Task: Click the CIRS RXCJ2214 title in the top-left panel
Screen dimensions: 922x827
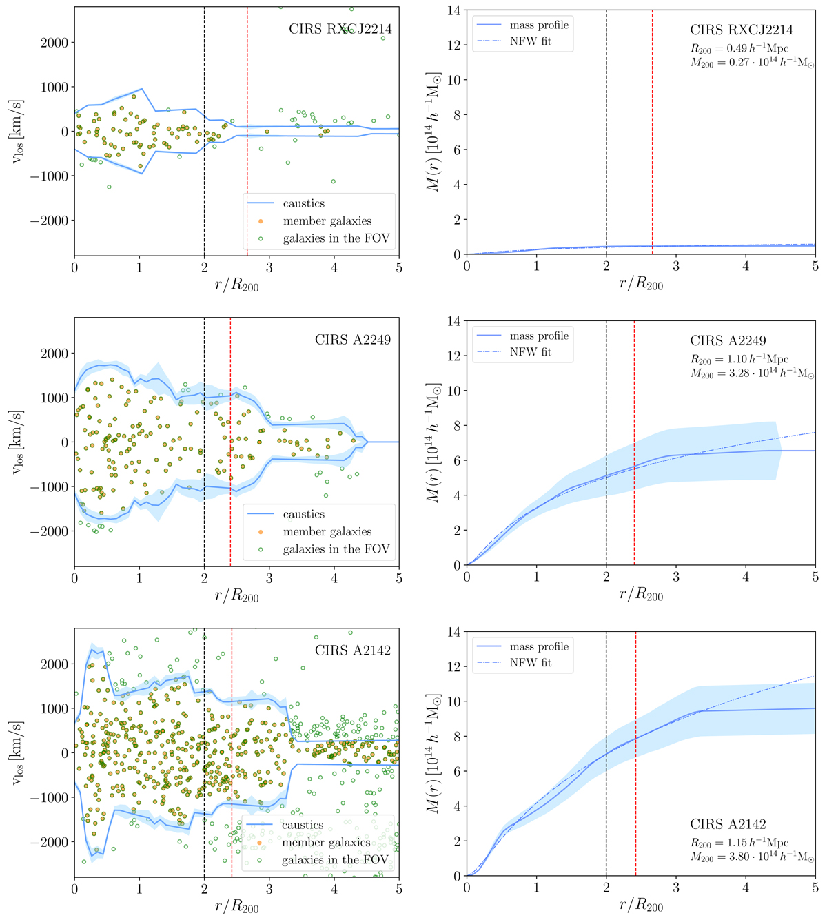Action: pyautogui.click(x=340, y=29)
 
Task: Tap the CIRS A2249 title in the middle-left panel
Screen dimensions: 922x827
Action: pyautogui.click(x=353, y=340)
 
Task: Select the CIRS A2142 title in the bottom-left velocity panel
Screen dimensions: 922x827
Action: pyautogui.click(x=353, y=650)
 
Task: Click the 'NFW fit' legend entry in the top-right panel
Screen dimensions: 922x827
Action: pyautogui.click(x=530, y=41)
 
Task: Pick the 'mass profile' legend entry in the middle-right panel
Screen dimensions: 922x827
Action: pyautogui.click(x=539, y=336)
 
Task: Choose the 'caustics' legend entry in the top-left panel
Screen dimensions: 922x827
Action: pyautogui.click(x=303, y=203)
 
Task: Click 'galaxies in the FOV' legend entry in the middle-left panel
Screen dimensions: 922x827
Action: pyautogui.click(x=336, y=549)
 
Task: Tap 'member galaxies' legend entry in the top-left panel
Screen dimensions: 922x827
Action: pyautogui.click(x=327, y=221)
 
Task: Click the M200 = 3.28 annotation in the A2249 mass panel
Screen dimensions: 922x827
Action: pyautogui.click(x=752, y=374)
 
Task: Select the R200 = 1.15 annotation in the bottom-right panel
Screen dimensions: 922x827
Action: pyautogui.click(x=739, y=843)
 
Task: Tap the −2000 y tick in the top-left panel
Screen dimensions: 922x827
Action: pyautogui.click(x=50, y=221)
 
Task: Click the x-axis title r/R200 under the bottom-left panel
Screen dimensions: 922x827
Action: pyautogui.click(x=237, y=906)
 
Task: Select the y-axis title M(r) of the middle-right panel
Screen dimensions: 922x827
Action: pyautogui.click(x=433, y=442)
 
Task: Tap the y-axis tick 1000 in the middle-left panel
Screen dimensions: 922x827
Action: pyautogui.click(x=54, y=398)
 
